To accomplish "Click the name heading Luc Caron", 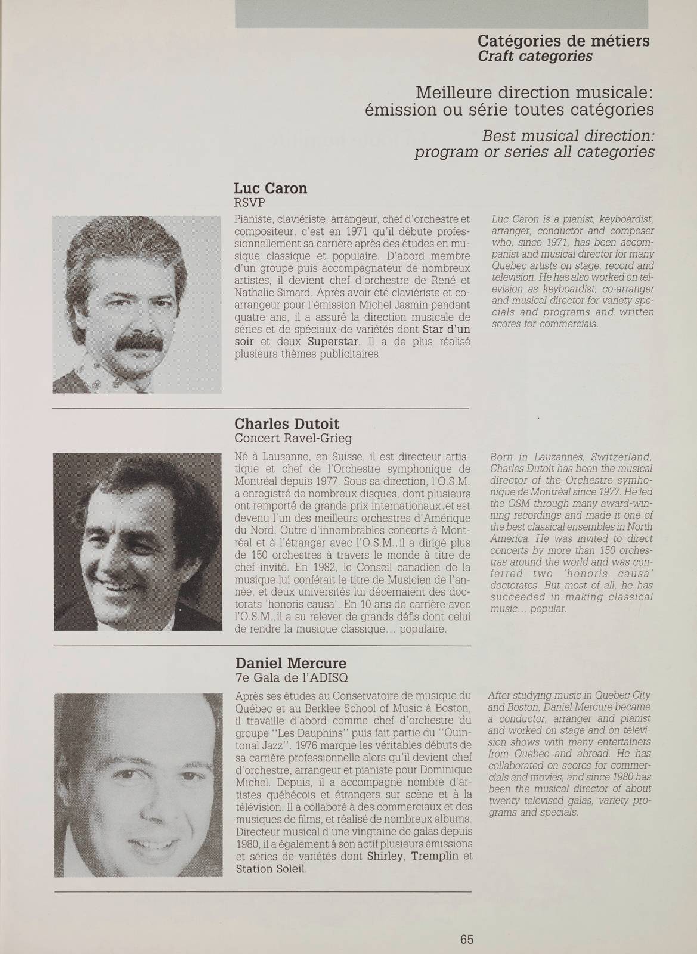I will [271, 188].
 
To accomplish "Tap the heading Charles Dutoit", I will [287, 424].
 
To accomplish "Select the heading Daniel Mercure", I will [290, 663].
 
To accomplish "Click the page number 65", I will [467, 922].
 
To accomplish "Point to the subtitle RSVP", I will [249, 203].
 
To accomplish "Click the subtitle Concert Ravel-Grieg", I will [293, 439].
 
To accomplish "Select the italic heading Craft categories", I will [535, 56].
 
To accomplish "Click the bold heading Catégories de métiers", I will [563, 41].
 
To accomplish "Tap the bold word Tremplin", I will [436, 857].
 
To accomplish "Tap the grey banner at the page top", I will [441, 13].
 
